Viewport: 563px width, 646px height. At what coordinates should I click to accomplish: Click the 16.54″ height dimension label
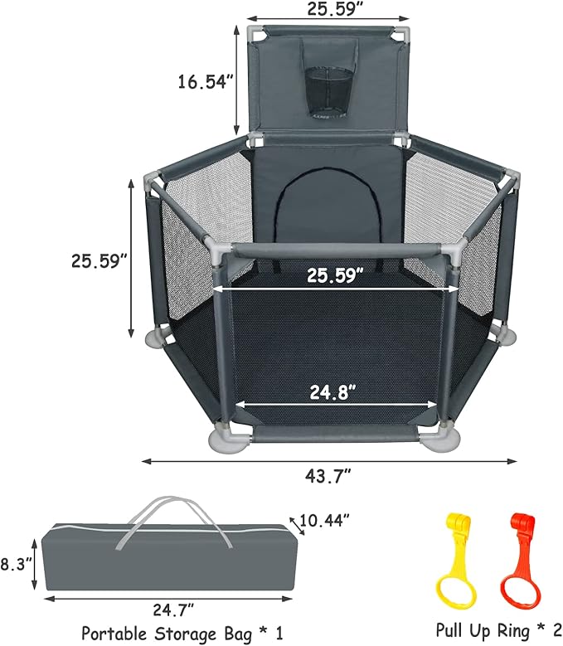[206, 81]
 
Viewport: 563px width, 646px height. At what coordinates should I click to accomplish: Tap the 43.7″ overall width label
[328, 477]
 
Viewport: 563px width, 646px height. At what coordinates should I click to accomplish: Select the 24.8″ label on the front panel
[332, 391]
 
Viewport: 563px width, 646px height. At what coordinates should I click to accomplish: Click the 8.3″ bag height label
[16, 564]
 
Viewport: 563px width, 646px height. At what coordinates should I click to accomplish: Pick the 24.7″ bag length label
[173, 610]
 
